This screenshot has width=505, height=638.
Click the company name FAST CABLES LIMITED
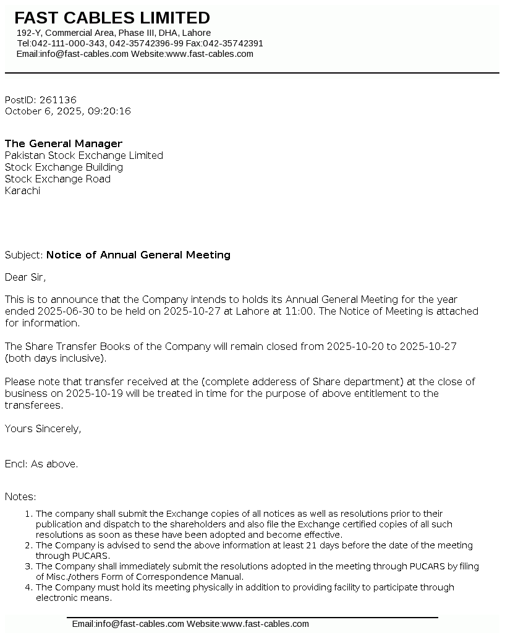click(x=112, y=18)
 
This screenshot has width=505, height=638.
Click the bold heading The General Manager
click(x=64, y=143)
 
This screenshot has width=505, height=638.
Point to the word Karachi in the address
click(x=22, y=190)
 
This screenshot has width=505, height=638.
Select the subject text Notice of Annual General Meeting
click(x=138, y=255)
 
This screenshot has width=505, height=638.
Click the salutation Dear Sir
click(x=25, y=277)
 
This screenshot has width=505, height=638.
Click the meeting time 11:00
click(x=299, y=311)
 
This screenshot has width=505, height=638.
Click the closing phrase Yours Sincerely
click(x=43, y=428)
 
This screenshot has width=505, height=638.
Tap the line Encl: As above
click(x=41, y=464)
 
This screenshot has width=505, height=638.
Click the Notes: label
click(x=20, y=496)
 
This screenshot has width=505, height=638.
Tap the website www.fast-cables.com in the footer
click(x=265, y=624)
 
